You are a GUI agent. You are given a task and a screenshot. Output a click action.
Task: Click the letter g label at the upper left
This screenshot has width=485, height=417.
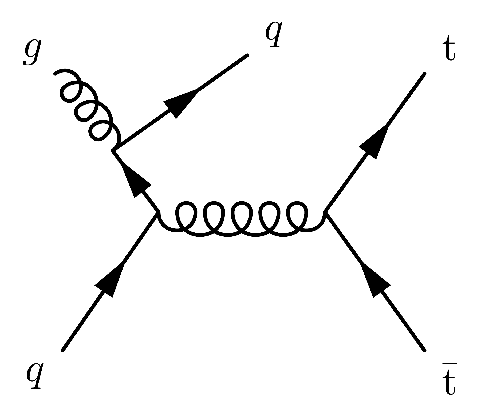tap(32, 53)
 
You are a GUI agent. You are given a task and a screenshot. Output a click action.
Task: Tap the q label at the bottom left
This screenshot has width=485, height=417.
tap(35, 375)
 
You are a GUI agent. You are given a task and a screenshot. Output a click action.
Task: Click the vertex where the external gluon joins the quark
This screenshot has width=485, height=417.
tap(113, 151)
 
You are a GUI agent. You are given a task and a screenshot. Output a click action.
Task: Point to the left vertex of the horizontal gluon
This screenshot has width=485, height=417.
tap(158, 212)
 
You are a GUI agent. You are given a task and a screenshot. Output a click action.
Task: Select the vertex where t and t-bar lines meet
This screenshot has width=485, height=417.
tap(325, 212)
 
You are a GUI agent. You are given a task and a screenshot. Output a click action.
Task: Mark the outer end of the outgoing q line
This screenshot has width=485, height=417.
tap(247, 55)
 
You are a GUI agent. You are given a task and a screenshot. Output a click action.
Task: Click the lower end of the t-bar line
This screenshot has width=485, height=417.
tap(424, 350)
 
